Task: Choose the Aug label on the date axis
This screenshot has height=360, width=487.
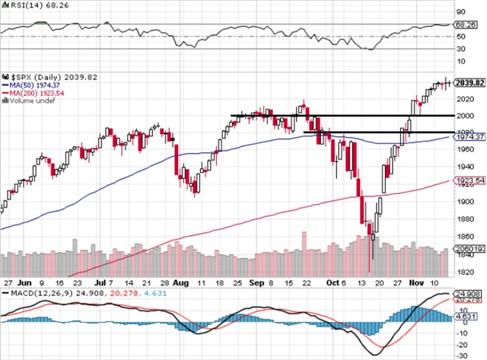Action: click(180, 281)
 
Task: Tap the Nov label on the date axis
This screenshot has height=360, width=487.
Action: click(416, 281)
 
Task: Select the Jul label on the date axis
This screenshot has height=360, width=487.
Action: click(101, 281)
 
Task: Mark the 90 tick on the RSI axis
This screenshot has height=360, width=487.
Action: click(461, 12)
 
